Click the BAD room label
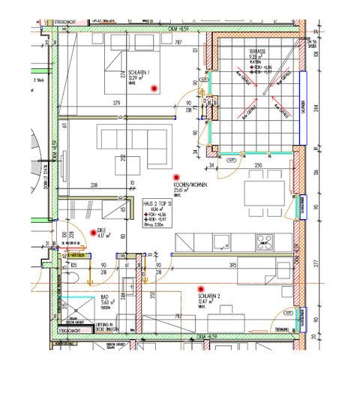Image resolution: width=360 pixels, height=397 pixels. click(103, 296)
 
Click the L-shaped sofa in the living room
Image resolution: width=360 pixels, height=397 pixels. click(132, 147)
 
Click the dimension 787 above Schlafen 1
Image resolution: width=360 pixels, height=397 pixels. click(178, 43)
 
